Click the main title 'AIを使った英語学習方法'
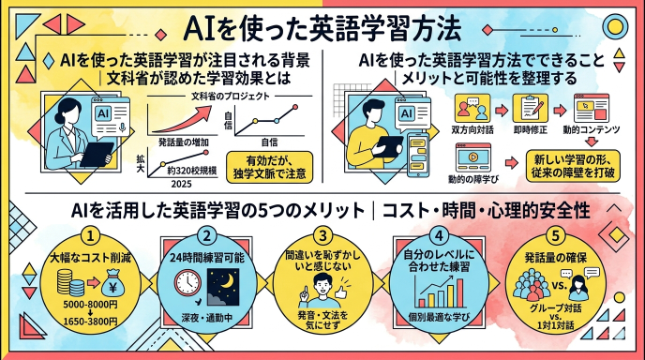323,25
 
